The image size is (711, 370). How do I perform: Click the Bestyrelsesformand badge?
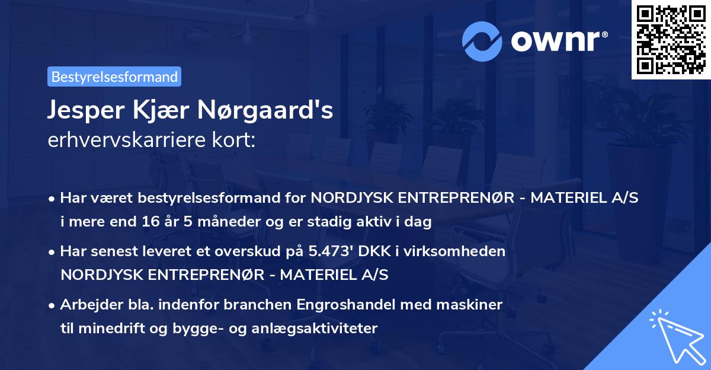(114, 76)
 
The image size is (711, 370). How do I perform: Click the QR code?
(671, 40)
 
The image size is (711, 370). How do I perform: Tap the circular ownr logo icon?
(482, 41)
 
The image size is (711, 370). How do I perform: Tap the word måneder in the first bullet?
(204, 222)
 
